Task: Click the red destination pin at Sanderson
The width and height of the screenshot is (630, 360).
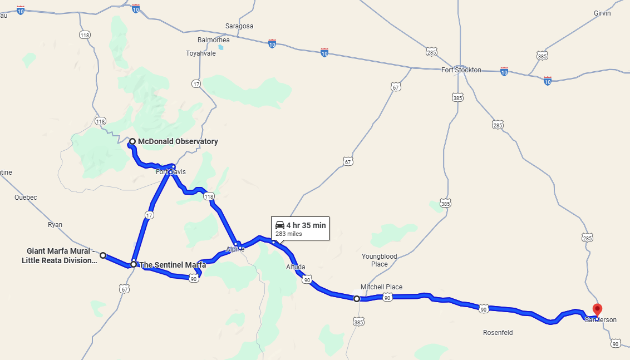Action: [597, 309]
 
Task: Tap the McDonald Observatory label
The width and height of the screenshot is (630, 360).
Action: [178, 141]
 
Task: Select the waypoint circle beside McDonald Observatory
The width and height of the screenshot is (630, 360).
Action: [132, 141]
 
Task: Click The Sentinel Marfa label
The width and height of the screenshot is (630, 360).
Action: [173, 265]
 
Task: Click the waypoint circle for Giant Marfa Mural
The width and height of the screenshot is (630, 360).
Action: [103, 255]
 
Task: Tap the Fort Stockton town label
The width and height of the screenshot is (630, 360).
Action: [461, 70]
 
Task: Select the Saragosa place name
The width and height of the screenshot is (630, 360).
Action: [239, 26]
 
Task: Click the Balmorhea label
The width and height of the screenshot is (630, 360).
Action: [213, 40]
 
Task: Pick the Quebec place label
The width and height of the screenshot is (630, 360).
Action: [26, 198]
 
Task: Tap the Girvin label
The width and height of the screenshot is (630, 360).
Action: [602, 13]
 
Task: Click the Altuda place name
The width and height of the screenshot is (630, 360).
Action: [296, 267]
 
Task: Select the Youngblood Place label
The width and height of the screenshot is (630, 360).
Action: [380, 260]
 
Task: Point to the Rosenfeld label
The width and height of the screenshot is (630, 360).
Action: [498, 333]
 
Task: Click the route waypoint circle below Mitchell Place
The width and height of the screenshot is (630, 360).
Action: [357, 299]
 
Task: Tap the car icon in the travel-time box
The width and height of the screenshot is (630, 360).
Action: [280, 225]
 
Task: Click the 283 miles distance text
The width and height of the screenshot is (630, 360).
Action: [288, 234]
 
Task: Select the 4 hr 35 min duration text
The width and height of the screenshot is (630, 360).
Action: [306, 225]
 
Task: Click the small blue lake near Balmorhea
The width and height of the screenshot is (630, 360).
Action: [221, 47]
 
